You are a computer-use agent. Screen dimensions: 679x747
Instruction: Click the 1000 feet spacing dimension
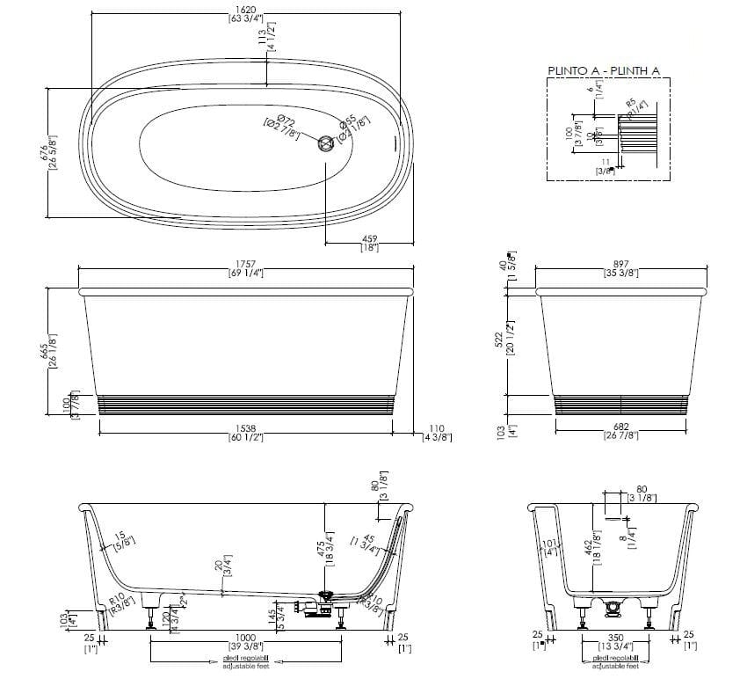click(x=245, y=639)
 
